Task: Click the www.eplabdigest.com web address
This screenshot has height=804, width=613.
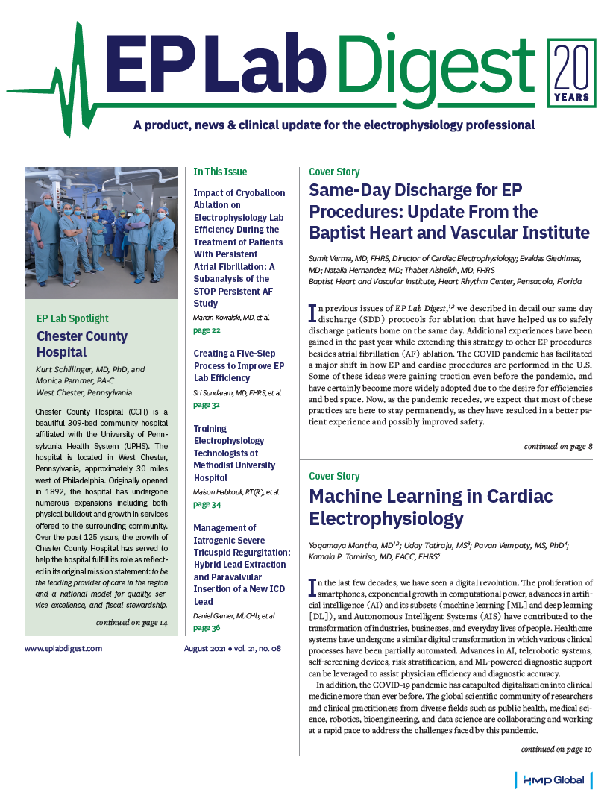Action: tap(63, 649)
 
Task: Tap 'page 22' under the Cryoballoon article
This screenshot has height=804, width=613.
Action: tap(207, 330)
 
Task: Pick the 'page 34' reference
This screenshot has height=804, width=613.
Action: tap(207, 504)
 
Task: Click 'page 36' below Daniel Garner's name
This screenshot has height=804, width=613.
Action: tap(207, 628)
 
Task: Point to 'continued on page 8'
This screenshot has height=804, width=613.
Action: tap(558, 446)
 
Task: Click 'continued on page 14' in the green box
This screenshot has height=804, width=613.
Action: tap(132, 622)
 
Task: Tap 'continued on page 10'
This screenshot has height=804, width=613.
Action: tap(556, 749)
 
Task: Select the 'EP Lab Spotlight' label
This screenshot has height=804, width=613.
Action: tap(72, 318)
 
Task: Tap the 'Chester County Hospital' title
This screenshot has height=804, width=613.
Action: tap(82, 344)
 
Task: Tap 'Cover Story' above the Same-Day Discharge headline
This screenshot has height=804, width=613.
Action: tap(334, 172)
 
